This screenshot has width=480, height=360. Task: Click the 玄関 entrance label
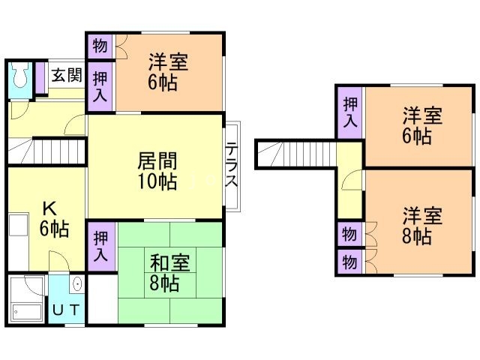(x=67, y=76)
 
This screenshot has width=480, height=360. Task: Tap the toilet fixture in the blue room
(x=20, y=76)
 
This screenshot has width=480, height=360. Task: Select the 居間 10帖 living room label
(x=157, y=170)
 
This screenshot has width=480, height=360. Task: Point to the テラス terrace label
(x=232, y=166)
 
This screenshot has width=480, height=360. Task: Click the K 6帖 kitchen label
(x=49, y=218)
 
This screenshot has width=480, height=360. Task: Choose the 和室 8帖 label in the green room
(x=169, y=272)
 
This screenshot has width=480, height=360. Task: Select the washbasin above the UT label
(x=76, y=286)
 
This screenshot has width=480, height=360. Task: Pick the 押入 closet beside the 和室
(x=100, y=246)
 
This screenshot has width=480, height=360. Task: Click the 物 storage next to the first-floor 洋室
(x=100, y=46)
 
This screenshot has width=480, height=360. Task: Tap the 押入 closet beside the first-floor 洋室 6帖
(x=100, y=83)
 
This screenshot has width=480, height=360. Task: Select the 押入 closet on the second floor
(x=349, y=114)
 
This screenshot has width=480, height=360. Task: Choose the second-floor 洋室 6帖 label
(x=421, y=125)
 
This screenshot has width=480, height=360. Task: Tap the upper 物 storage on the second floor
(x=349, y=234)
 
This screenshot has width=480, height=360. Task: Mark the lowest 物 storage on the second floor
(x=349, y=262)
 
